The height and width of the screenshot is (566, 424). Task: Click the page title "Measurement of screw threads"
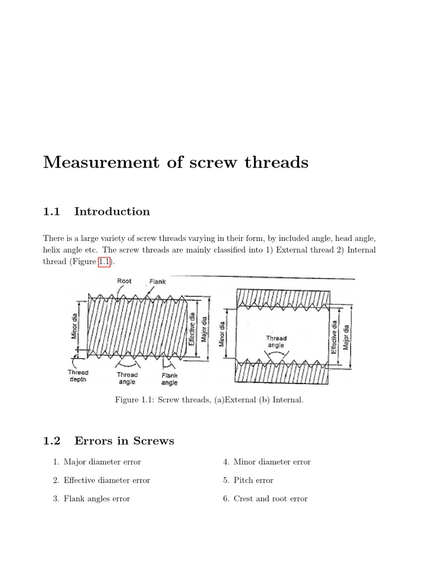[176, 163]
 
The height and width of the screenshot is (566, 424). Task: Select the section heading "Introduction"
[112, 211]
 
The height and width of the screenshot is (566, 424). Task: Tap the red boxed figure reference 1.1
[105, 262]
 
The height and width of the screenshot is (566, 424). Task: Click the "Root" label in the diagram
[124, 281]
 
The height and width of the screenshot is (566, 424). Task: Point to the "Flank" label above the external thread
[157, 281]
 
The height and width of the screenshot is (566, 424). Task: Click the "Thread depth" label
[77, 375]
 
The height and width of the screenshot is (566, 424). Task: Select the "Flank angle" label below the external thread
[169, 379]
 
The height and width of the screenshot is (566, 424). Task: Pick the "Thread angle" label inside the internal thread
[276, 342]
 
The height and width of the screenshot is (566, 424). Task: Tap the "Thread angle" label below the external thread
[127, 378]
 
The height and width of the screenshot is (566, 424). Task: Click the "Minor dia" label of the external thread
[75, 326]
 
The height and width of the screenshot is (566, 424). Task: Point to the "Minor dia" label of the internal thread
[222, 334]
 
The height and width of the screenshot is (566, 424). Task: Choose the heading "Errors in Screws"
[124, 441]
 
